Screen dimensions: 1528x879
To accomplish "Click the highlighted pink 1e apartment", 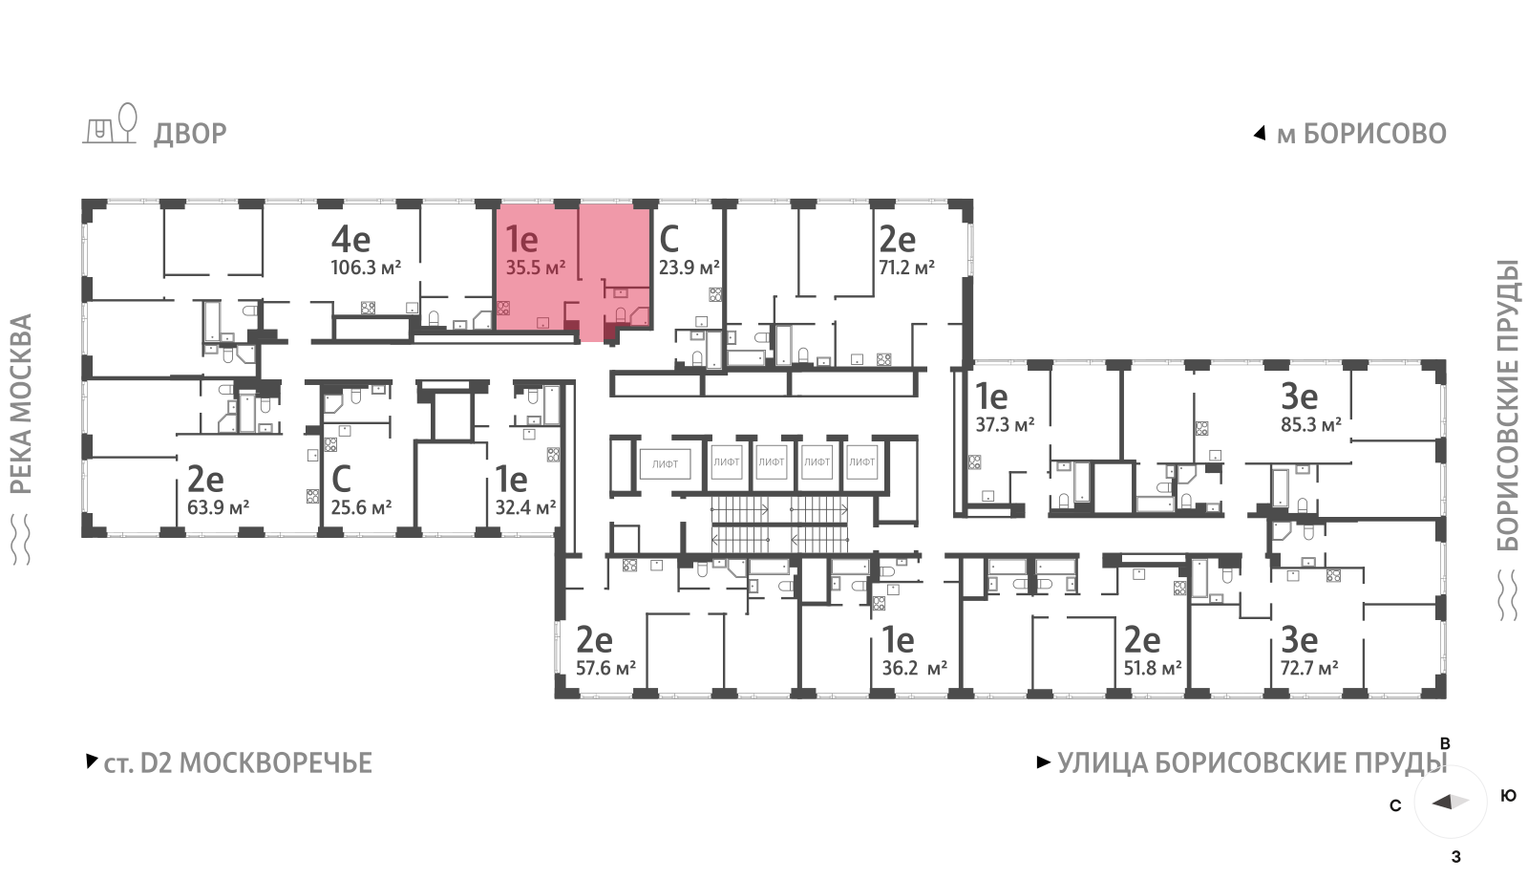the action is [572, 273].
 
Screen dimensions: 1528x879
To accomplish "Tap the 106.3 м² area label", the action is [366, 268].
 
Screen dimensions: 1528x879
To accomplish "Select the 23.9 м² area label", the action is [689, 268].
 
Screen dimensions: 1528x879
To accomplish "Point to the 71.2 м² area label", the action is [906, 268].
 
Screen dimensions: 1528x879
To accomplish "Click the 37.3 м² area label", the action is [1005, 425].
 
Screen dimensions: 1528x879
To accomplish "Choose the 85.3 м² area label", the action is [1311, 425].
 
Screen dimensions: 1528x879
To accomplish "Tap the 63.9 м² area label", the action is [218, 507].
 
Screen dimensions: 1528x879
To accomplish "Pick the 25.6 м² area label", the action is [361, 507].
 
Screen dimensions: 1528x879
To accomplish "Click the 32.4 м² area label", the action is [525, 507].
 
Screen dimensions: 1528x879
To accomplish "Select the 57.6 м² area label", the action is [605, 668].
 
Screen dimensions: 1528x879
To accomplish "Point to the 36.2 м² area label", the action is [914, 668].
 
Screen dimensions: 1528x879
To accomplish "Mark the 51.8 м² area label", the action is [1153, 668].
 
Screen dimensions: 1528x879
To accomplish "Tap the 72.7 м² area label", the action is [1309, 668].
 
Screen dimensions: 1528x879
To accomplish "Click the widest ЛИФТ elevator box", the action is [665, 464].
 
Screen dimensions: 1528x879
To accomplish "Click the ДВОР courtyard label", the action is [190, 134].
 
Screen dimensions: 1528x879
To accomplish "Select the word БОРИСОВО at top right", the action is [1375, 134].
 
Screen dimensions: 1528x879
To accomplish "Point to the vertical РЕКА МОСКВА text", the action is [21, 404].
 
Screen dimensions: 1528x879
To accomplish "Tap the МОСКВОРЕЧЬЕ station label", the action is [276, 763].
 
